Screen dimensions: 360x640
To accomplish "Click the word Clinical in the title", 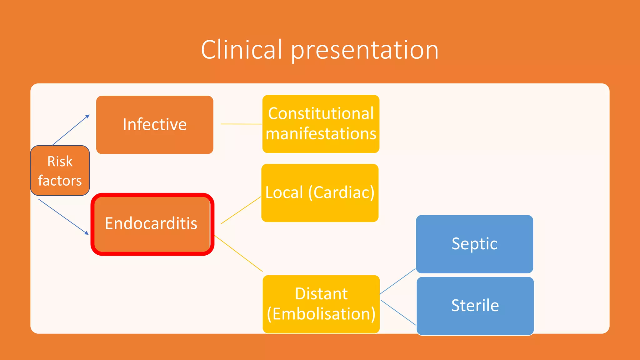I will (241, 50).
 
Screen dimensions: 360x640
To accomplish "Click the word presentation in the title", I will (365, 51).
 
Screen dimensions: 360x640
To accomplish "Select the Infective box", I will (155, 125).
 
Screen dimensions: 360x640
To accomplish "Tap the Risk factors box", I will (60, 171).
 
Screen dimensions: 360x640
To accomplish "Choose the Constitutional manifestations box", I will (321, 124).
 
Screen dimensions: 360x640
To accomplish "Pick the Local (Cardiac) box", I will (320, 193).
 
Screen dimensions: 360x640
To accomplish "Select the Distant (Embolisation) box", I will (321, 304).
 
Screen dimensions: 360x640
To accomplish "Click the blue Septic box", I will (474, 244).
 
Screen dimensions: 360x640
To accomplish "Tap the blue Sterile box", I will (475, 306).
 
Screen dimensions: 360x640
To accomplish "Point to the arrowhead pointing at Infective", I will (87, 117).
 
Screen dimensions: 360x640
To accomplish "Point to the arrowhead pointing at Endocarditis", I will (87, 233).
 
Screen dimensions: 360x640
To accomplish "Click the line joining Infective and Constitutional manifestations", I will (241, 124).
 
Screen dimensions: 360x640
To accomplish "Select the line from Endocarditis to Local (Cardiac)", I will (241, 210).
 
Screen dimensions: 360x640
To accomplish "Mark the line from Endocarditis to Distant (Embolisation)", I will (239, 254).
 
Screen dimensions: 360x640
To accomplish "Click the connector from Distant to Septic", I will (397, 281).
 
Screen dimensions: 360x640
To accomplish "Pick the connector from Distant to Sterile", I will (398, 313).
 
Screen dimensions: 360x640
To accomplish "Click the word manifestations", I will (321, 134).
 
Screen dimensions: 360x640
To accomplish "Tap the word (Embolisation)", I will (321, 314).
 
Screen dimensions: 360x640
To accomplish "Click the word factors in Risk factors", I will (60, 181).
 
